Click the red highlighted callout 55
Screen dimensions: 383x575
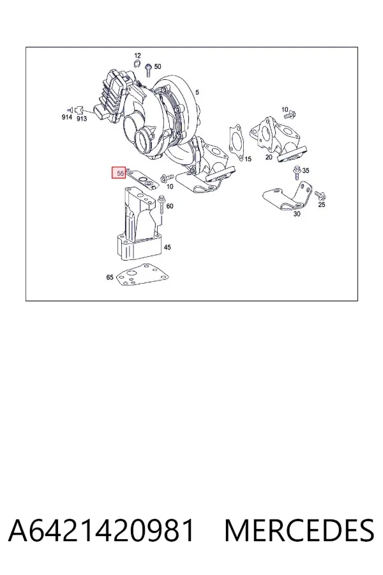point(119,172)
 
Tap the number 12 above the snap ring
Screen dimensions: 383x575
point(137,56)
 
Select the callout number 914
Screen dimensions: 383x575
point(66,117)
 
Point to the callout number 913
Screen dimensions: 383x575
point(82,119)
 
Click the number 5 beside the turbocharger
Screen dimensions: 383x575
point(197,93)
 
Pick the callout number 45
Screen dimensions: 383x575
point(167,247)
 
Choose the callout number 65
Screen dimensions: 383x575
point(110,277)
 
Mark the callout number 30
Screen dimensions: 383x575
point(297,214)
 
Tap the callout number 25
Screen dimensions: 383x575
point(322,204)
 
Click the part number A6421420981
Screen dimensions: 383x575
point(101,530)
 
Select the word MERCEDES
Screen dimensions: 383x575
point(299,530)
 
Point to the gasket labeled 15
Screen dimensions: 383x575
point(236,142)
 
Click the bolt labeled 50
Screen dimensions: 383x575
point(149,70)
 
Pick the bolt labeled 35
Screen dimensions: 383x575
point(296,172)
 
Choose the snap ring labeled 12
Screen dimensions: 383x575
point(137,64)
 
